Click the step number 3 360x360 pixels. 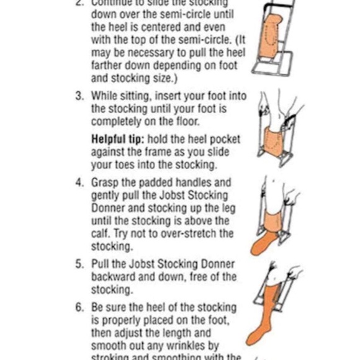click(79, 96)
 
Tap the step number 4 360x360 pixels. click(79, 182)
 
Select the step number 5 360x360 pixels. click(79, 264)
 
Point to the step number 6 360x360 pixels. click(79, 307)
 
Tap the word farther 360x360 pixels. click(109, 65)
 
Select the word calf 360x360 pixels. click(102, 233)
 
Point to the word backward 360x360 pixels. click(115, 277)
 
